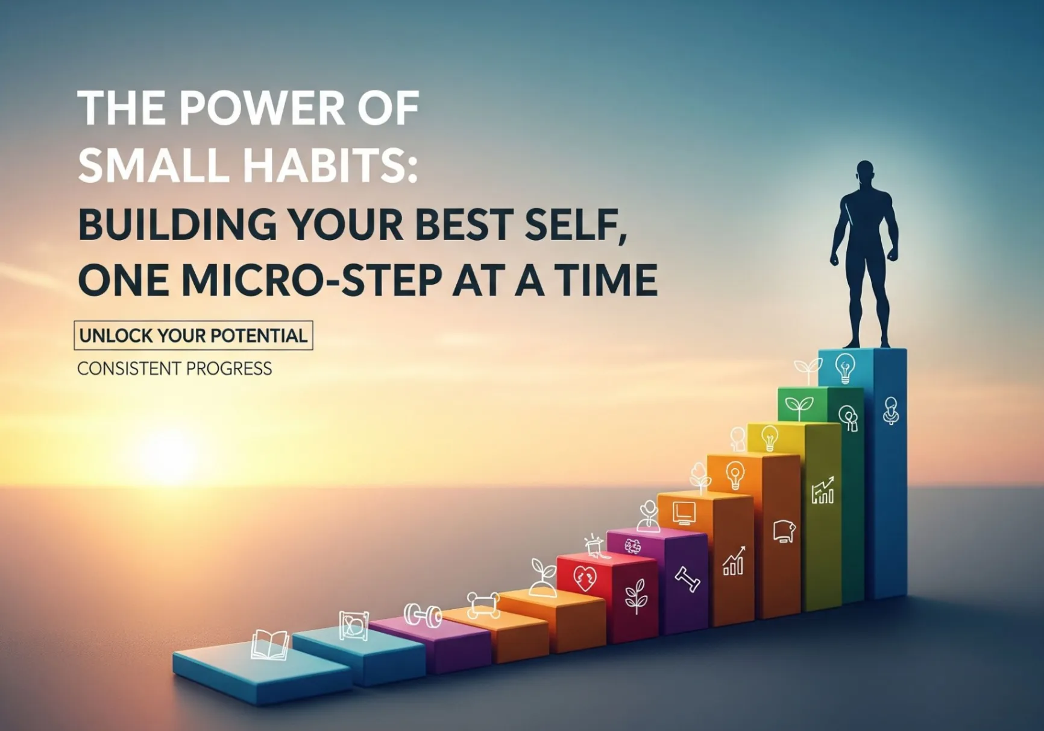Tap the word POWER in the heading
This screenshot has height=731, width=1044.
[263, 109]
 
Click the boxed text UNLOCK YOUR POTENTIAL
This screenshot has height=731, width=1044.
[193, 335]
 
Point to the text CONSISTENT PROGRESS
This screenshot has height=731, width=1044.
[175, 369]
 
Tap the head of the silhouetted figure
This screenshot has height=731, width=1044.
[865, 174]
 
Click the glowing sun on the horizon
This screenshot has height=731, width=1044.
[171, 454]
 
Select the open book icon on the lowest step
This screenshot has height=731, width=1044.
[269, 645]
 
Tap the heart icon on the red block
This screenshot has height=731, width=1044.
[584, 578]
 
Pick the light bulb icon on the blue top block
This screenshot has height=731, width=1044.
[845, 368]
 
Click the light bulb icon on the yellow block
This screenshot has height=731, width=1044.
[769, 438]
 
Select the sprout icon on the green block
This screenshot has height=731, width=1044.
[799, 408]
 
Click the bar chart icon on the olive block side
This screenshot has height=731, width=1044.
[823, 490]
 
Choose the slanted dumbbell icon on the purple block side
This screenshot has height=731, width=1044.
[687, 580]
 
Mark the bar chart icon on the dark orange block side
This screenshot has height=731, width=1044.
[734, 561]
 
